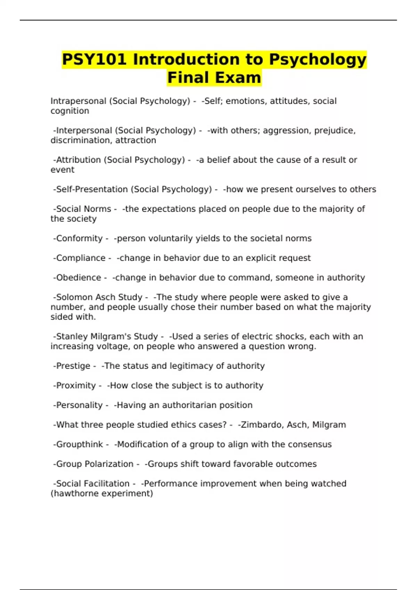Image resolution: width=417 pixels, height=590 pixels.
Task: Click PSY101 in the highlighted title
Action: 94,59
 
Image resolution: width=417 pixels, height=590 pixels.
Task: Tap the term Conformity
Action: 79,238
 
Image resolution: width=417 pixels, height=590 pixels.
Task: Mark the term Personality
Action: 79,405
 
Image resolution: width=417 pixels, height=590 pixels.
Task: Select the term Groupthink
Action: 79,445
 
